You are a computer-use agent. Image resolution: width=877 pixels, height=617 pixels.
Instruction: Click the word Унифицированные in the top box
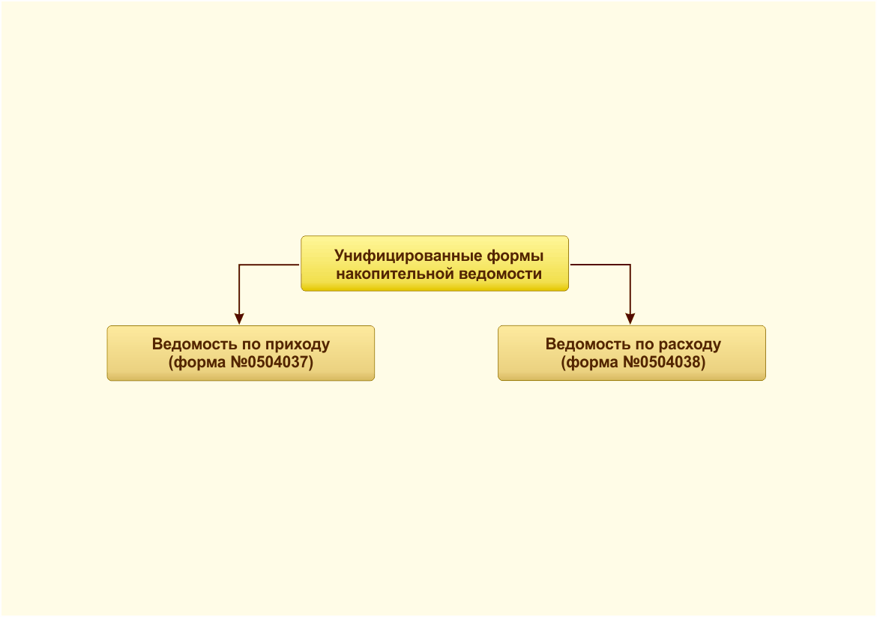(x=409, y=256)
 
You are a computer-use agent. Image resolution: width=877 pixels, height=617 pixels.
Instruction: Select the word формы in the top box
(x=515, y=256)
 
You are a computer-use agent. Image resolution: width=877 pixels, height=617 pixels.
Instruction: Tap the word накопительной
(x=395, y=274)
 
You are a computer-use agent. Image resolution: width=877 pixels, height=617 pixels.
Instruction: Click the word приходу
(x=298, y=345)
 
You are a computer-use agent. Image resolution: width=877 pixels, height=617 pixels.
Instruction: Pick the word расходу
(x=690, y=345)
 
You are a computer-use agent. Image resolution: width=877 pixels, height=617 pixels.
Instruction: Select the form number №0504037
(x=272, y=363)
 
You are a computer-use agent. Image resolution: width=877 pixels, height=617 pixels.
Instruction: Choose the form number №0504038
(x=664, y=363)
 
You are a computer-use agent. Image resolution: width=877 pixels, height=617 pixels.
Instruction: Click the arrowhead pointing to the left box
(x=239, y=319)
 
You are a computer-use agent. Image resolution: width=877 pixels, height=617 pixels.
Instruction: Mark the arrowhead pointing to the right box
(x=630, y=319)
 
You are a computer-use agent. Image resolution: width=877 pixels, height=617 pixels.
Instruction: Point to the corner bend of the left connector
(x=239, y=265)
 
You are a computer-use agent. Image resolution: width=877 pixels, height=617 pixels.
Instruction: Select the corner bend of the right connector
(x=630, y=265)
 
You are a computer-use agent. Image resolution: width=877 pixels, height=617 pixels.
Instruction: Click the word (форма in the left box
(x=197, y=363)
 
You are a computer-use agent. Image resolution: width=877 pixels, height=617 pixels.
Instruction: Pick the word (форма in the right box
(x=590, y=363)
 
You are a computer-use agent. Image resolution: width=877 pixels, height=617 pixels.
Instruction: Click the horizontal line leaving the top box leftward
(x=270, y=265)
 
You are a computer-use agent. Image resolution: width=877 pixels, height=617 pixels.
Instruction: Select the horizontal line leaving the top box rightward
(x=600, y=265)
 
